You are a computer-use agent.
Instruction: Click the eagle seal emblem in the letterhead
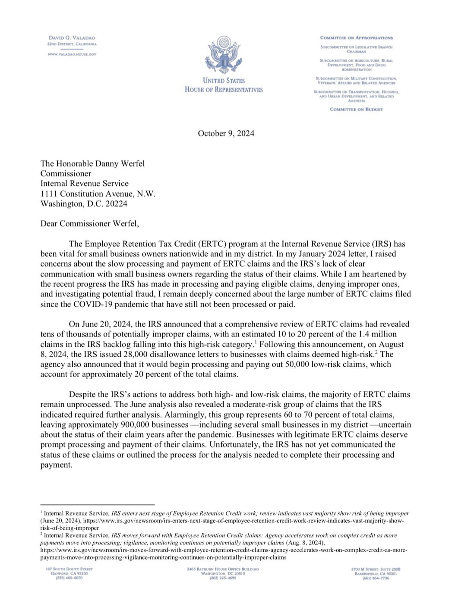223,55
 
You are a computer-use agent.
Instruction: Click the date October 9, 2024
226,133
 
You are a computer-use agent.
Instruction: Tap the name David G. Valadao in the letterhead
72,38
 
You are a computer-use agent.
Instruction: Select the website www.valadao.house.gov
72,54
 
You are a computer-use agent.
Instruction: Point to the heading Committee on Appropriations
356,38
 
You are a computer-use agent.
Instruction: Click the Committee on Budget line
356,109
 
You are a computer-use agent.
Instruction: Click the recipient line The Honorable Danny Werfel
92,163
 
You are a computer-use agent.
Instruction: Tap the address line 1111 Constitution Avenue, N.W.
98,194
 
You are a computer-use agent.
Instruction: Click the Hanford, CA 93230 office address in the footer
69,573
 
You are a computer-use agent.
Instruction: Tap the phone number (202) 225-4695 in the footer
223,578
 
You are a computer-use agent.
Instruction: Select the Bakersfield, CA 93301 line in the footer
376,573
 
